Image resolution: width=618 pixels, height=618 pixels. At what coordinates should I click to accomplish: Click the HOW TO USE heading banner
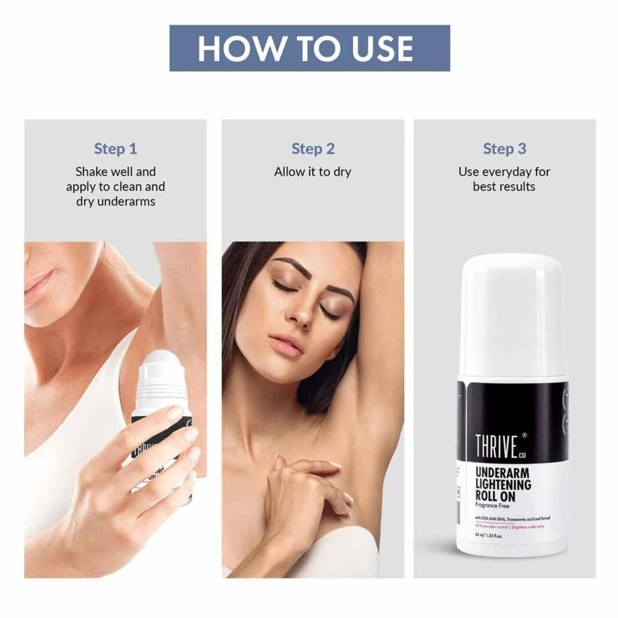pos(310,48)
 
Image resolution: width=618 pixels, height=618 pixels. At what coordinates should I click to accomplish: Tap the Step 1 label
pos(116,148)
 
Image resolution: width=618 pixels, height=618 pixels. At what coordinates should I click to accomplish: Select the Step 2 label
pos(313,148)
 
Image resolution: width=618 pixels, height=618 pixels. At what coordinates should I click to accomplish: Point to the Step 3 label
pos(504,148)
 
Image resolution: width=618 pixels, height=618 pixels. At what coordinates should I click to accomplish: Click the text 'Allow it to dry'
pos(313,172)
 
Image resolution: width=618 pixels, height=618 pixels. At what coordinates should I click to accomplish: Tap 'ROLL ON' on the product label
pos(494,497)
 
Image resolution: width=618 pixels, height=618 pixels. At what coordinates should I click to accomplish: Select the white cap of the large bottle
pos(513,309)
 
